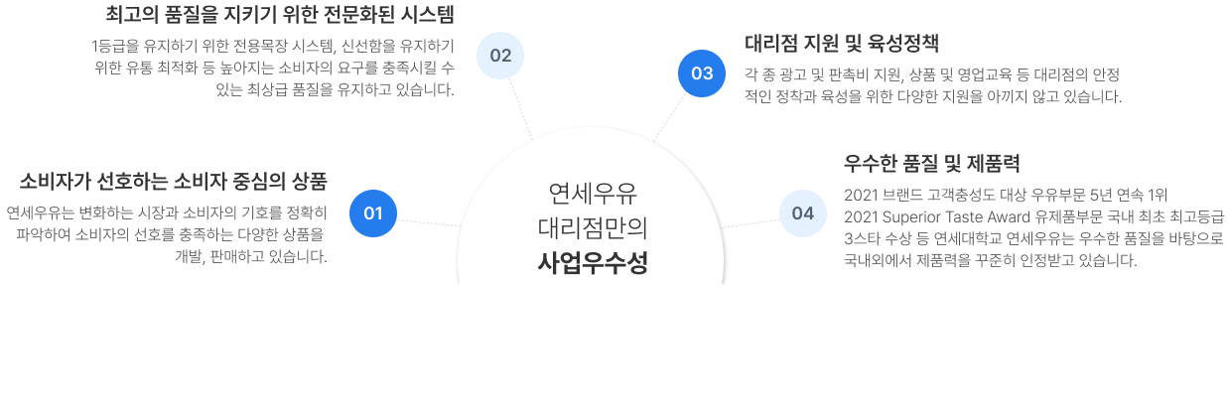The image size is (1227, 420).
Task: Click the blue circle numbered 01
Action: [x=373, y=212]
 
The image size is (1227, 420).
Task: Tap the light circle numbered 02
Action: [x=500, y=55]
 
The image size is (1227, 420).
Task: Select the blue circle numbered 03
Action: [x=702, y=73]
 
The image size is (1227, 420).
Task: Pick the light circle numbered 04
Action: [x=803, y=212]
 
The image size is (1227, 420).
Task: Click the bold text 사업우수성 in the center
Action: [x=593, y=263]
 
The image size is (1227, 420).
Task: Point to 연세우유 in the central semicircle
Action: [x=593, y=192]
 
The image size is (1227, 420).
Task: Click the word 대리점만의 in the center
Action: [x=593, y=227]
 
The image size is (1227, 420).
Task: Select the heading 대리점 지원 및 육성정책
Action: [x=842, y=43]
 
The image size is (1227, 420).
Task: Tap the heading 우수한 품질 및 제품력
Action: [x=932, y=162]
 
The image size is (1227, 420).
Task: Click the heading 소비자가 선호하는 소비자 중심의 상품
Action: [x=173, y=181]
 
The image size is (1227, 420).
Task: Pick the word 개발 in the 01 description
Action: [x=189, y=258]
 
